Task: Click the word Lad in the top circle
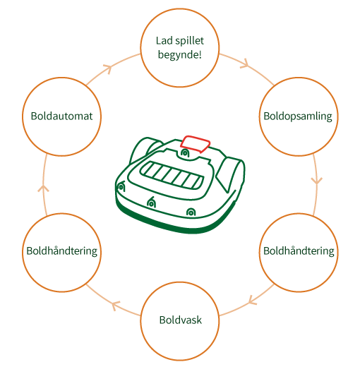(x=164, y=41)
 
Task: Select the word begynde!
(x=180, y=55)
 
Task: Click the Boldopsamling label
(x=298, y=116)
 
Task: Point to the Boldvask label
(x=181, y=320)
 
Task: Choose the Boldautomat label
(x=61, y=116)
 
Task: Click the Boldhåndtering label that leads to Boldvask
(x=299, y=251)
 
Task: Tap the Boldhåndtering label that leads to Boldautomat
(x=61, y=251)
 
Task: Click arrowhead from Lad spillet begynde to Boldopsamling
(x=245, y=64)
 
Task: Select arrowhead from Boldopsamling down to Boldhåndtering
(x=316, y=181)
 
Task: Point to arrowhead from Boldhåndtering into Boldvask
(x=251, y=301)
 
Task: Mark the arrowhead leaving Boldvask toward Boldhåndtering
(x=115, y=305)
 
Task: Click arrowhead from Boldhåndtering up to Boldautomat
(x=43, y=188)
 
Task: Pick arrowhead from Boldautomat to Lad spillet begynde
(x=108, y=68)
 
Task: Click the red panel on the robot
(x=195, y=144)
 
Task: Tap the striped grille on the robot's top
(x=172, y=176)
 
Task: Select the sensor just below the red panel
(x=185, y=153)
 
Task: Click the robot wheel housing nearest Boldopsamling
(x=231, y=174)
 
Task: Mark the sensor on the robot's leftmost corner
(x=121, y=187)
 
